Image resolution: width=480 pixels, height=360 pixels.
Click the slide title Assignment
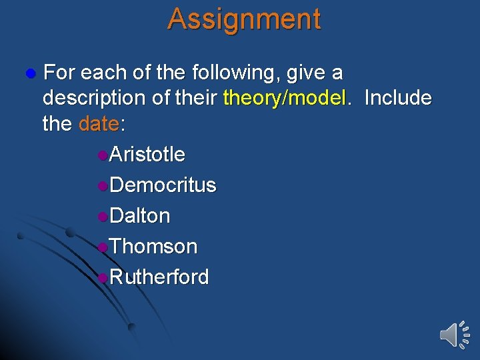(x=244, y=19)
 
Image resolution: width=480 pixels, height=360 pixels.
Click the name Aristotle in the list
(x=147, y=155)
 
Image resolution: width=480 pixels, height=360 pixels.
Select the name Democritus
(x=163, y=185)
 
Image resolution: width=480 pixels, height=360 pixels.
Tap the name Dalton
(x=139, y=216)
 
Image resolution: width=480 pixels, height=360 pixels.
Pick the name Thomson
(x=153, y=247)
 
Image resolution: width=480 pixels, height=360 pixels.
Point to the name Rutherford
(x=159, y=277)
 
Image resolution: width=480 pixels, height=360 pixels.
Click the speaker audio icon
(x=455, y=333)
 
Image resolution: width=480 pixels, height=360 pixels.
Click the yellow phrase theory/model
(x=285, y=99)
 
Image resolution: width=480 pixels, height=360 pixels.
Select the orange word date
(x=99, y=124)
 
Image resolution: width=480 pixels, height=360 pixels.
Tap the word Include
(x=398, y=99)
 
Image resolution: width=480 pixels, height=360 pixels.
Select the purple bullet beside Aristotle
(x=101, y=155)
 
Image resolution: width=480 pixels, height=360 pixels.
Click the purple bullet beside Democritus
(x=101, y=186)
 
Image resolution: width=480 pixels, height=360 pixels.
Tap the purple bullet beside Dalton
(x=101, y=217)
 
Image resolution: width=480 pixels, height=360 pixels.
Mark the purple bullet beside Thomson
(x=101, y=247)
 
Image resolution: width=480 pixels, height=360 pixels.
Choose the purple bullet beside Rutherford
(x=101, y=277)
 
